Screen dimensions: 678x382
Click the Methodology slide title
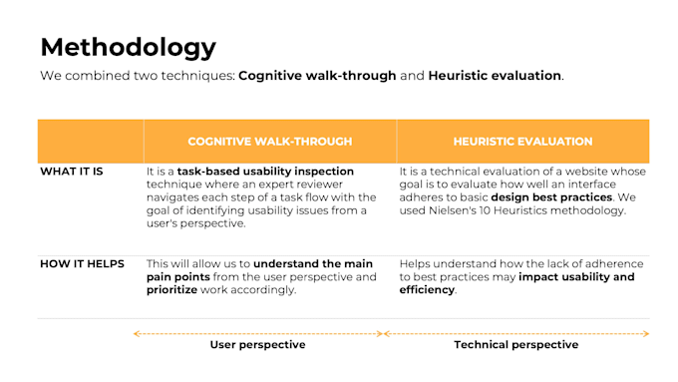(129, 47)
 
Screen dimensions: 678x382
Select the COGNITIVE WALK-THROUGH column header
(270, 142)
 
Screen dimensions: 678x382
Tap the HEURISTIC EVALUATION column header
(522, 142)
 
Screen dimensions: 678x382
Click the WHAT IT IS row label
(72, 172)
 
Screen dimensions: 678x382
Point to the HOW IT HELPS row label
(82, 264)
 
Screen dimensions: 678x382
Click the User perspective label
(257, 345)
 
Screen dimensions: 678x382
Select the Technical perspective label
(516, 345)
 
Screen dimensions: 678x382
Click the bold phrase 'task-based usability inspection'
(265, 172)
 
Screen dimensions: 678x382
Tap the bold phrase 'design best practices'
(551, 197)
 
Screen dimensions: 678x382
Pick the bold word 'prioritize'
(171, 290)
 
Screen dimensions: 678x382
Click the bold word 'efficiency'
(427, 290)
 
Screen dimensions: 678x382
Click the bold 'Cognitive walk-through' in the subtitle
(317, 76)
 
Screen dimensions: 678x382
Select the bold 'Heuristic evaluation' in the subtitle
(495, 76)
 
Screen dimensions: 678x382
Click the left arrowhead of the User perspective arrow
(136, 333)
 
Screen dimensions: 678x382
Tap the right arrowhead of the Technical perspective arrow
(646, 333)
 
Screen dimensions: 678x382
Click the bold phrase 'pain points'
(178, 277)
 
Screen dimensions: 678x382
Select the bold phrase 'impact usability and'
(576, 277)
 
